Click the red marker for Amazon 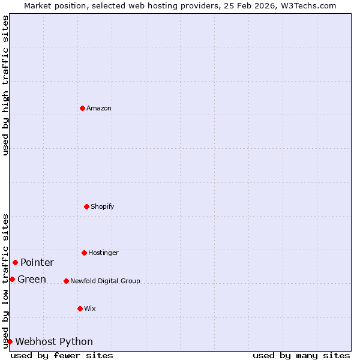pos(82,108)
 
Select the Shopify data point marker pos(86,206)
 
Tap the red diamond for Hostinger pos(84,253)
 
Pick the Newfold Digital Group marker pos(66,281)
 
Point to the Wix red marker pos(80,308)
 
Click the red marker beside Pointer pos(15,262)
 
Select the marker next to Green pos(12,279)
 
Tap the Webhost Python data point pos(10,341)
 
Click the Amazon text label pos(99,108)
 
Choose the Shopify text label pos(103,206)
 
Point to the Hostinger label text pos(103,253)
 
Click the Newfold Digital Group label pos(105,281)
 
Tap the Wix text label pos(90,308)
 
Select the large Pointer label pos(37,262)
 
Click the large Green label pos(32,279)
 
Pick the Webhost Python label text pos(54,341)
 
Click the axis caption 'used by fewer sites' pos(62,355)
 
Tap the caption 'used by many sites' pos(301,355)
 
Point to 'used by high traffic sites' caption pos(5,85)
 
